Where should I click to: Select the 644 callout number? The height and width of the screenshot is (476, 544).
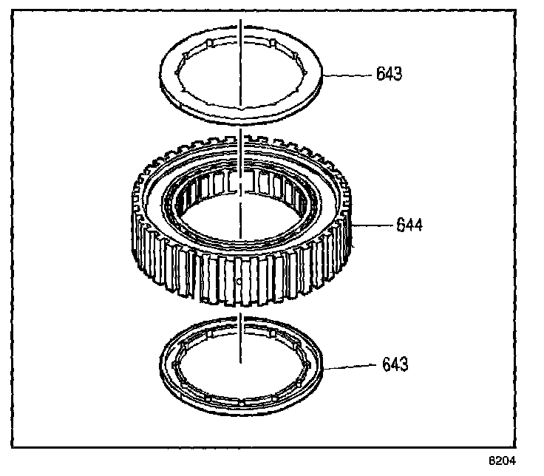pos(408,224)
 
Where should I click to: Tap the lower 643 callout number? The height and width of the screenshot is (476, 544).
pos(395,364)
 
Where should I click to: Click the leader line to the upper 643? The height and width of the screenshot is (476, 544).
pos(347,75)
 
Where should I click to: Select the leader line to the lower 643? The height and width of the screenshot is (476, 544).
pos(354,366)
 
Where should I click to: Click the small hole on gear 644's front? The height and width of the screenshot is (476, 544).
pos(238,282)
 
